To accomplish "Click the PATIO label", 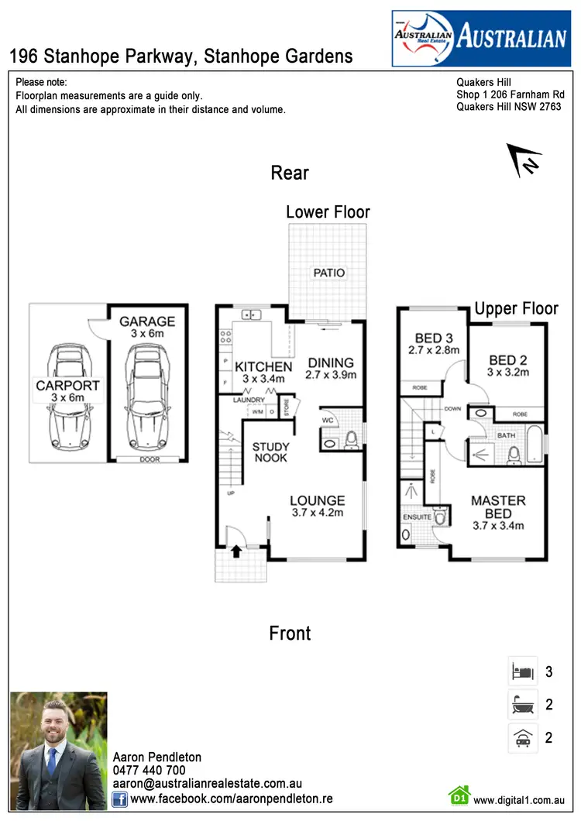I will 329,273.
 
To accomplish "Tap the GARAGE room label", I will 147,321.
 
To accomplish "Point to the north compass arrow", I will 524,160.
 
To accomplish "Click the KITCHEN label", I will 263,366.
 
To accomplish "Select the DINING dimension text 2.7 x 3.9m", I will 331,376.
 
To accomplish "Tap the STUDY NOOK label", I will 270,452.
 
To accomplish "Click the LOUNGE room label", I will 316,500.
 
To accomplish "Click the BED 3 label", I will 434,338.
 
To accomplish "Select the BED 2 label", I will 508,359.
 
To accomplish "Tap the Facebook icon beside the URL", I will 119,798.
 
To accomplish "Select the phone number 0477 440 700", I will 150,770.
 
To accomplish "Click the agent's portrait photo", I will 59,751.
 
